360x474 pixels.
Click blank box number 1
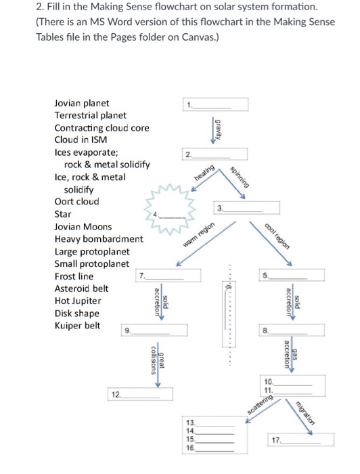pyautogui.click(x=215, y=104)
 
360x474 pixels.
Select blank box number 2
pyautogui.click(x=215, y=154)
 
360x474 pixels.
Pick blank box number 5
pyautogui.click(x=292, y=276)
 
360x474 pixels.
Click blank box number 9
pyautogui.click(x=154, y=330)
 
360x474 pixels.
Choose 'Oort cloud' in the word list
pyautogui.click(x=76, y=202)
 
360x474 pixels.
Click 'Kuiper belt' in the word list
pyautogui.click(x=77, y=326)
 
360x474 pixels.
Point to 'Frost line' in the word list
pyautogui.click(x=74, y=276)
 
